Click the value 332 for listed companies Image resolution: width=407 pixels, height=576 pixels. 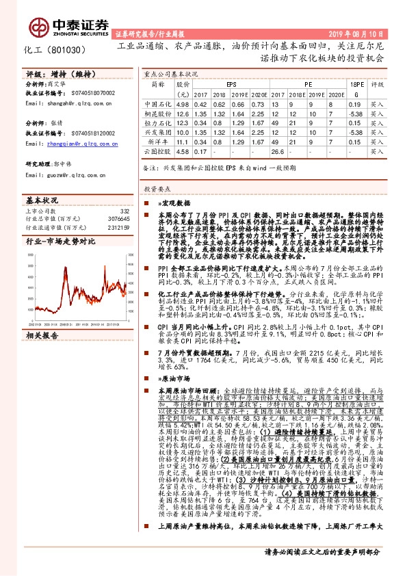[124, 211]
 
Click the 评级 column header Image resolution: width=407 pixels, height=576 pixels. [376, 85]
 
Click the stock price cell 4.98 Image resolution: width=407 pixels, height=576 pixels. [182, 105]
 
